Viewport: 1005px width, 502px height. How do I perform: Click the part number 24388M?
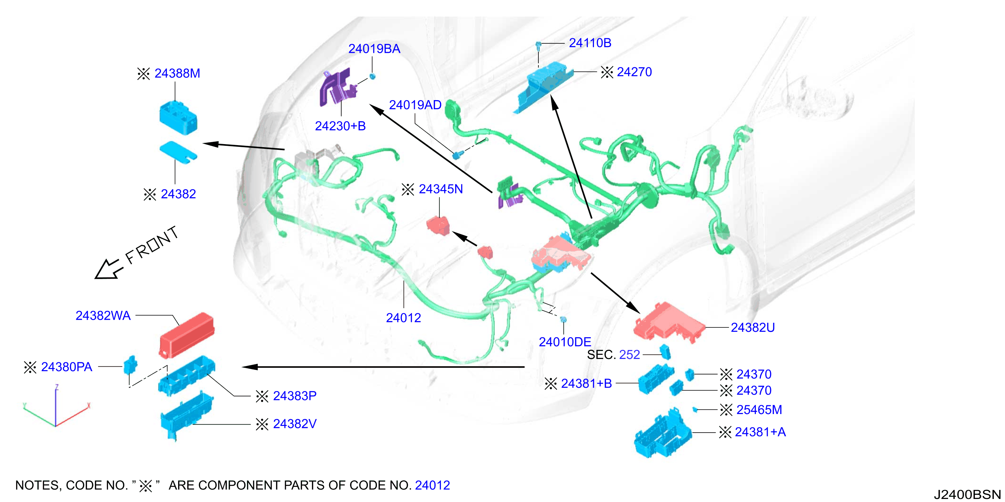(177, 73)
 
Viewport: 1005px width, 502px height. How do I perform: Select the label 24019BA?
(374, 49)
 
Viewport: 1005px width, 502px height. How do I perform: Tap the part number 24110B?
(590, 43)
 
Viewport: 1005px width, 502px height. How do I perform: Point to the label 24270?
(634, 72)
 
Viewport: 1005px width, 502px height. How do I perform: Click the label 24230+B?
(340, 126)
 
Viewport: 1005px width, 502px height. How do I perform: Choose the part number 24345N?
(441, 189)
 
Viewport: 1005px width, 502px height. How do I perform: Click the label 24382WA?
(103, 315)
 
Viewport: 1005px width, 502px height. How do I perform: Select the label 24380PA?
(67, 367)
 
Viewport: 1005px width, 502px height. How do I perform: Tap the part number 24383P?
(295, 396)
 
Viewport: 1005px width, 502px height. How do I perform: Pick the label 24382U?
(753, 327)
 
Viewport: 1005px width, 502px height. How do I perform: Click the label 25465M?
(759, 410)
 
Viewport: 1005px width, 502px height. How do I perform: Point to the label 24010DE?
(565, 342)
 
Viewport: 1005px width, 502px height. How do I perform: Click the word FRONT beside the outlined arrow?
(152, 246)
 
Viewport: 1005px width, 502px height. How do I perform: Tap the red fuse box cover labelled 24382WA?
(187, 335)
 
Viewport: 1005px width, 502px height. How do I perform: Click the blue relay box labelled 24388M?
(178, 118)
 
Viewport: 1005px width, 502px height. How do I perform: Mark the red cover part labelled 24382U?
(669, 322)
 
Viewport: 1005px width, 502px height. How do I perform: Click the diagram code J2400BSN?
(967, 494)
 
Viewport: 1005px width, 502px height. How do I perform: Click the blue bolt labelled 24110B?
(538, 46)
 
